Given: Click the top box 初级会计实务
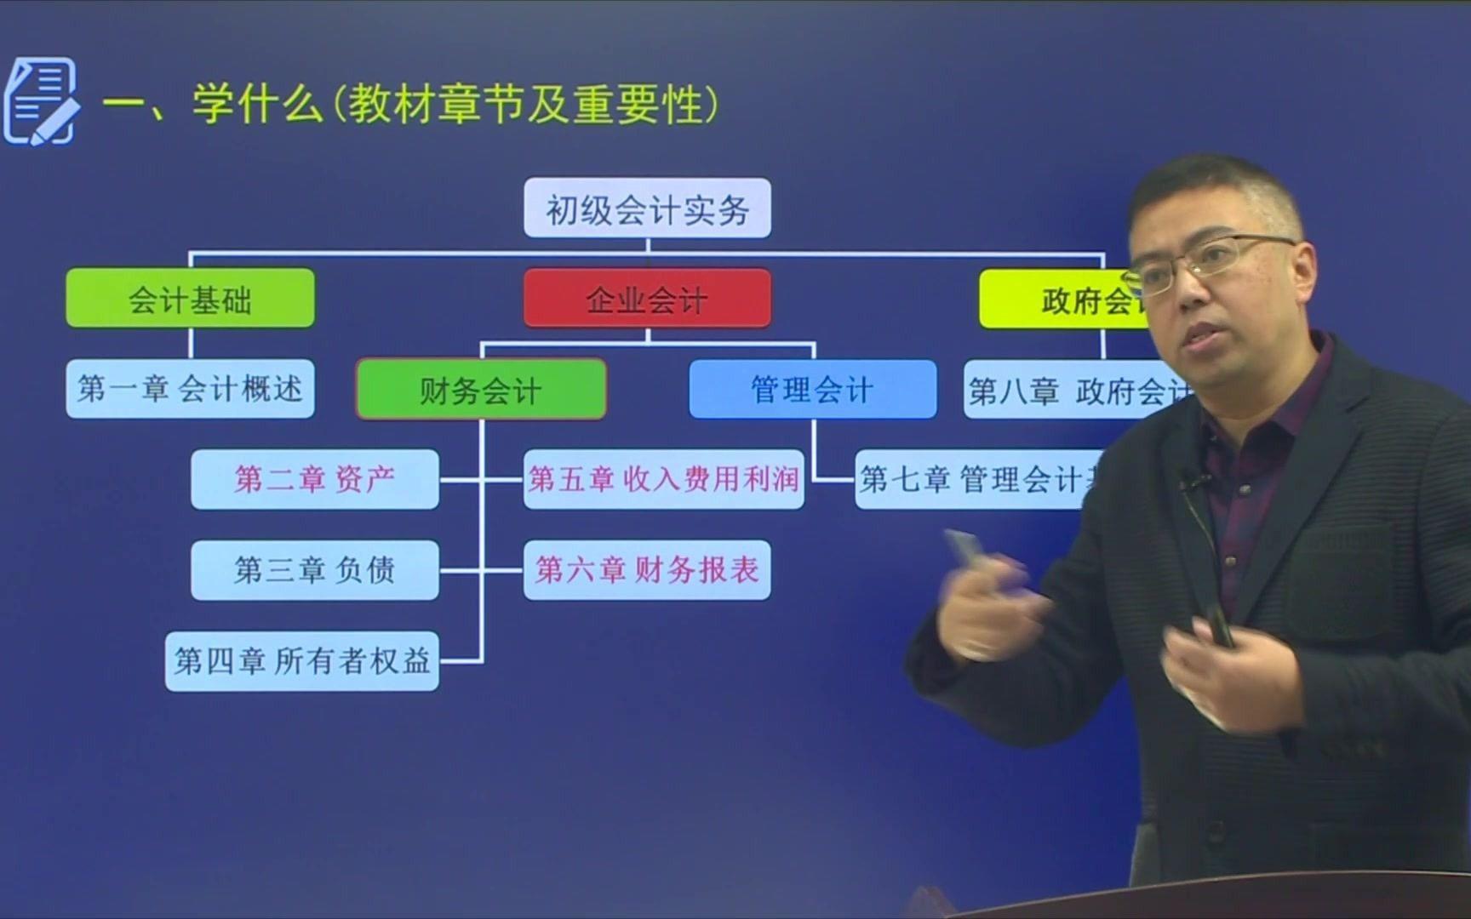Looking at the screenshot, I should coord(647,208).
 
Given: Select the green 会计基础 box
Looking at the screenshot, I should coord(190,299).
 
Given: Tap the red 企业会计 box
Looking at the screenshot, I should coord(647,299).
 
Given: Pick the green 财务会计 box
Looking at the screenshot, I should coord(481,390).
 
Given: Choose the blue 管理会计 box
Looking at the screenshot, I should coord(812,390).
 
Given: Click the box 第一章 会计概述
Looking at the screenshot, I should coord(190,389).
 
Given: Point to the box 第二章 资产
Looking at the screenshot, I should coord(315,479).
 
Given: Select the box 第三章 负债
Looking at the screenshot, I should coord(315,569).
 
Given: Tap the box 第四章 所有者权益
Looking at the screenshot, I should coord(302,660).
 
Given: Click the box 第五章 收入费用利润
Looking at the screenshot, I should coord(663,479).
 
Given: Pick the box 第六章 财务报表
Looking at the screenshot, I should coord(647,569).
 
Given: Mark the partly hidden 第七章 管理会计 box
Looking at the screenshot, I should coord(970,479).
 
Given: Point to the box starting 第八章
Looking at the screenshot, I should coord(1073,391).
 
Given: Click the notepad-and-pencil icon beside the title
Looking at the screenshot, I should coord(41,101).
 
